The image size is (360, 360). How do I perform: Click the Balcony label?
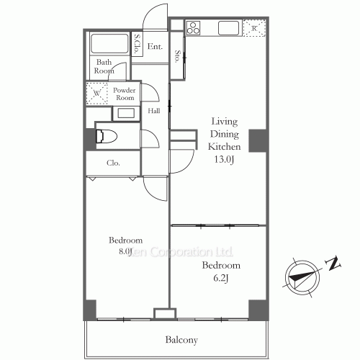pos(181,340)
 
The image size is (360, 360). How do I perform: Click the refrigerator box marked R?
pos(254,28)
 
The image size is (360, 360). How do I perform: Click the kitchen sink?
pos(228,29)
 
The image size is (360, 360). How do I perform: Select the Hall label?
pos(154,112)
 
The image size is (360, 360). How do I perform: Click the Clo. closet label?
pos(114,163)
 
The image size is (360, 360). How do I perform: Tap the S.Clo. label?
pos(137,45)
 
